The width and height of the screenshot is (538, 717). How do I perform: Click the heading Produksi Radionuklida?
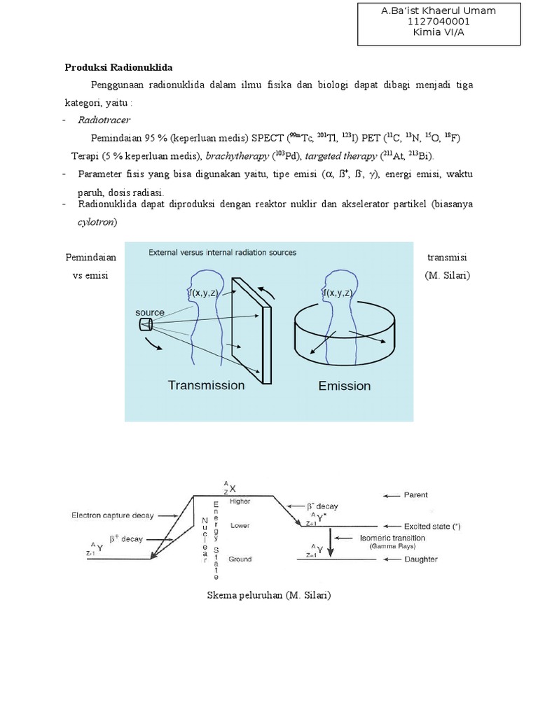118,68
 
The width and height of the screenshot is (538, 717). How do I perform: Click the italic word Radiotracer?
104,120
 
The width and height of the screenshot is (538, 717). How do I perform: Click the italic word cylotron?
97,222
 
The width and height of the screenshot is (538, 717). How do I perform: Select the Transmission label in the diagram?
206,385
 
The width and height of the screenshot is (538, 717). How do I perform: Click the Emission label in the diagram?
344,386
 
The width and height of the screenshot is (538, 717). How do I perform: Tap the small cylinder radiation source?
146,323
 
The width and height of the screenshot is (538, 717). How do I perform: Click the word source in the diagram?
150,312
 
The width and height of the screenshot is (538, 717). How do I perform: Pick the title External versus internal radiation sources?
222,252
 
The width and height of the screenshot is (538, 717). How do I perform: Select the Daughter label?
420,559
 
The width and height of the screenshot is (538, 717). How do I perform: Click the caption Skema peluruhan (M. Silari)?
269,596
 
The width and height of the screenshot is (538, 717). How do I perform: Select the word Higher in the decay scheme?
239,501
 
